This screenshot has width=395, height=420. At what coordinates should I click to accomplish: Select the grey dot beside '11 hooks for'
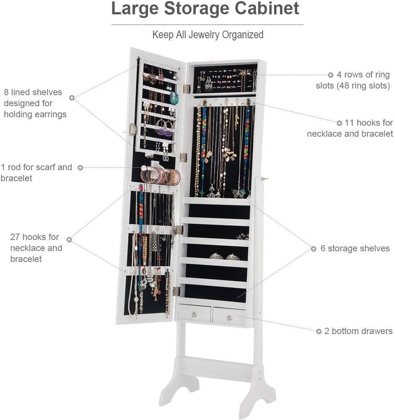pyautogui.click(x=339, y=123)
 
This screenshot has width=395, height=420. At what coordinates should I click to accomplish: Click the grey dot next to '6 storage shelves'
pyautogui.click(x=314, y=249)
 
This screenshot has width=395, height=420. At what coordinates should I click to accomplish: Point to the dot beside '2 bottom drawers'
pyautogui.click(x=319, y=331)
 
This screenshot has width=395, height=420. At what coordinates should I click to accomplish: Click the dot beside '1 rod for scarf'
pyautogui.click(x=80, y=168)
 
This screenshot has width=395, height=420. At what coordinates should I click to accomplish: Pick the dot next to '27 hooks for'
pyautogui.click(x=69, y=239)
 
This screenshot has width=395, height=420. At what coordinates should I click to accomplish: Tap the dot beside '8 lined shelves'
pyautogui.click(x=72, y=98)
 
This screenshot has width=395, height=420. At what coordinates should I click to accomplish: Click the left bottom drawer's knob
pyautogui.click(x=194, y=314)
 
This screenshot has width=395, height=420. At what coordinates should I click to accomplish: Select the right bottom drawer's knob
pyautogui.click(x=229, y=317)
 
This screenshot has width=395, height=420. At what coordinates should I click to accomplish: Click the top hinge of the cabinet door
pyautogui.click(x=187, y=89)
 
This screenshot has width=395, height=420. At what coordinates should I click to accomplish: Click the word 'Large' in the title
pyautogui.click(x=135, y=8)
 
